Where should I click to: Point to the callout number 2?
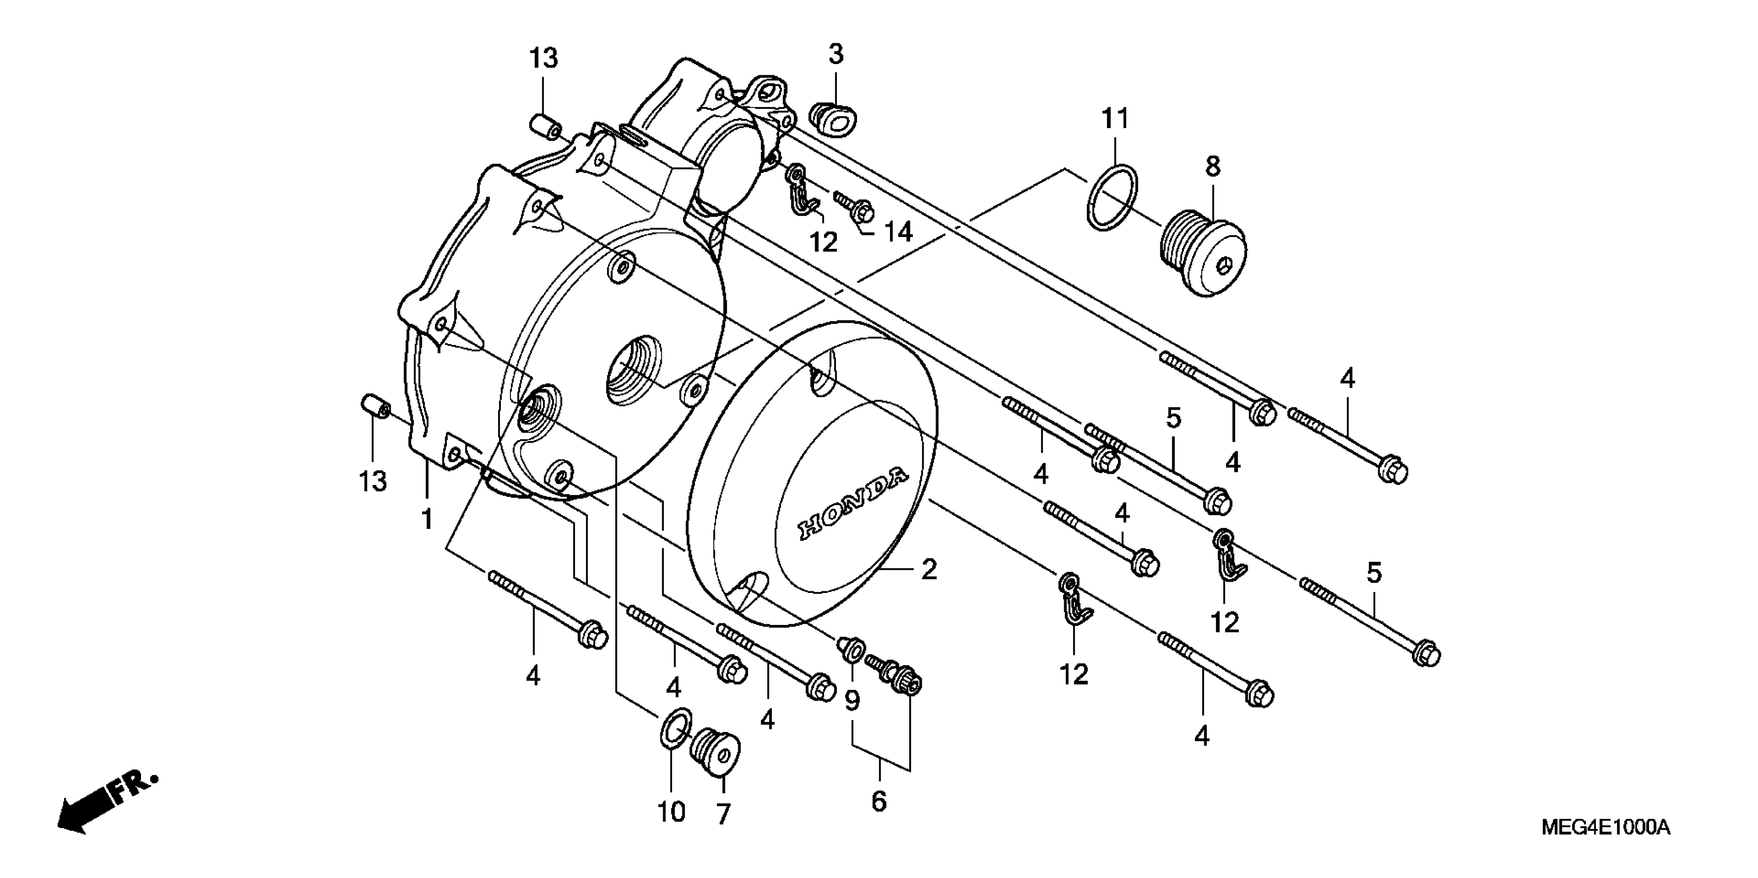coord(929,570)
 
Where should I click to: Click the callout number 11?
coord(1116,119)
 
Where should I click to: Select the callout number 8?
coord(1212,166)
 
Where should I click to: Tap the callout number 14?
coord(898,232)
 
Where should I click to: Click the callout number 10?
coord(671,812)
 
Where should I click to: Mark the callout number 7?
coord(723,814)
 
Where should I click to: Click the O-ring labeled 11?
coord(1112,198)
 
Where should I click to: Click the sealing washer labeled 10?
coord(676,729)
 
